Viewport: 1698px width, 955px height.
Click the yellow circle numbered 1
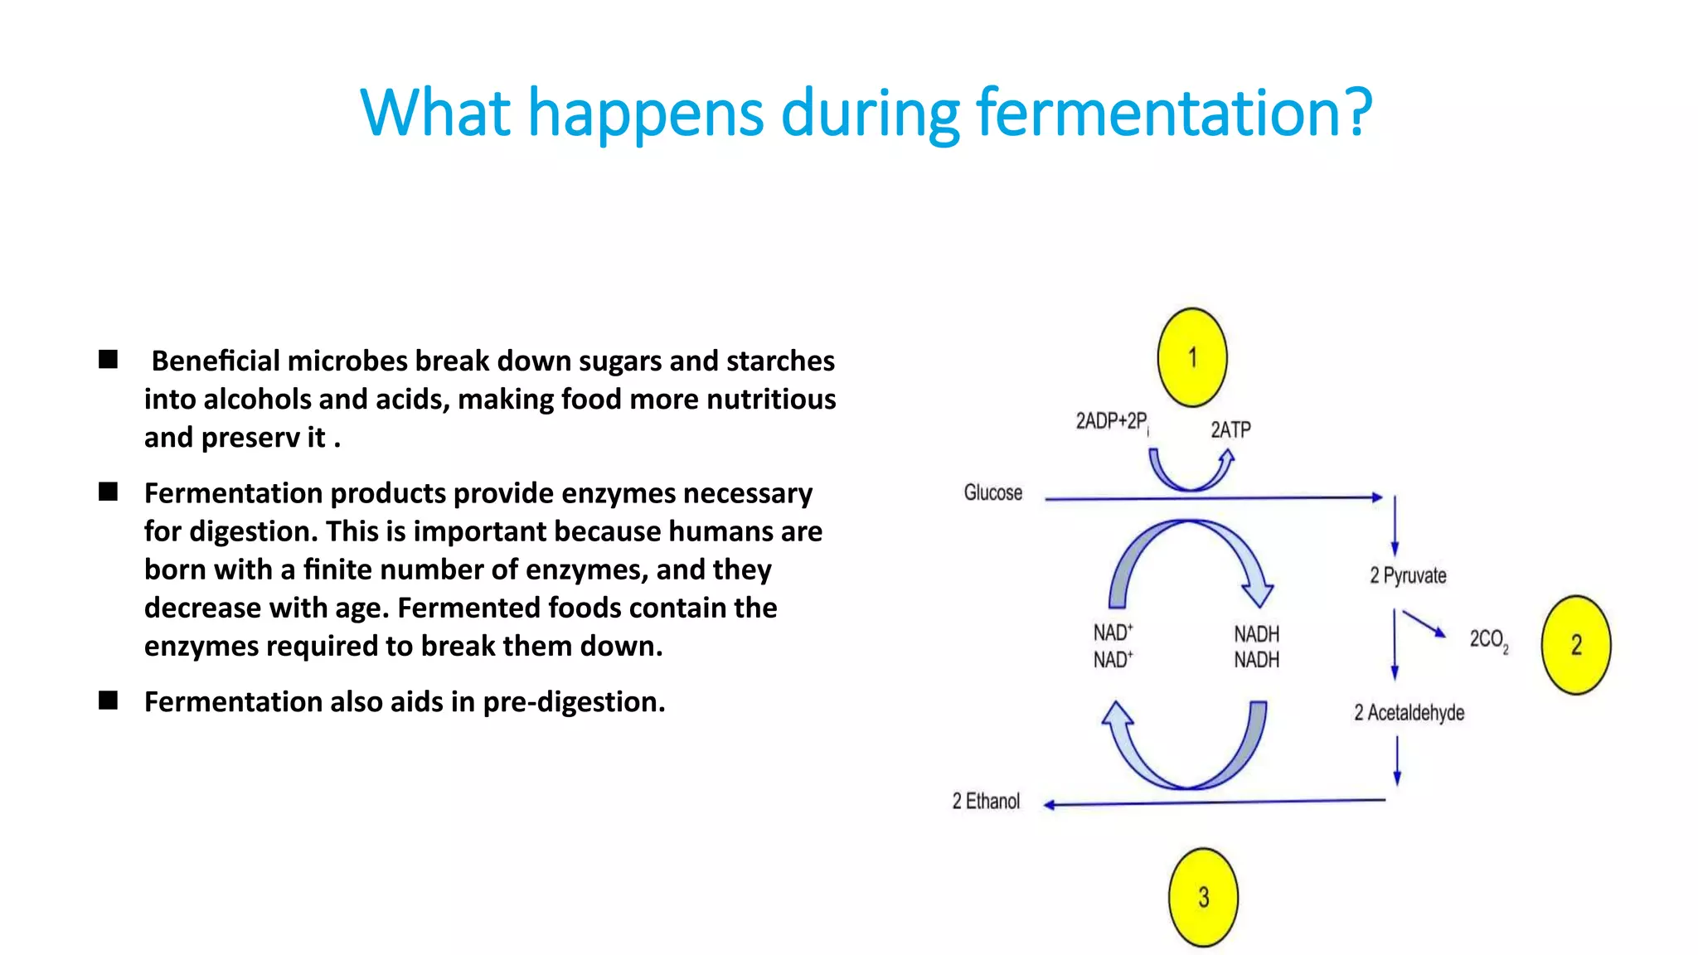click(1192, 357)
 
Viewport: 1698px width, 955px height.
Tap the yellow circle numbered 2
click(1576, 645)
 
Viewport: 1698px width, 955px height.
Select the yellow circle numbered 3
click(1203, 897)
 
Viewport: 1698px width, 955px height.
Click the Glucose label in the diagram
click(992, 493)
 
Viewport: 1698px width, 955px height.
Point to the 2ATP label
click(1230, 429)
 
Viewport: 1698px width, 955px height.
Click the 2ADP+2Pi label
click(1112, 422)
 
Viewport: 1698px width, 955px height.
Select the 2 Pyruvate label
click(1408, 575)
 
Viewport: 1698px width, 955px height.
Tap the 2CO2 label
click(1489, 640)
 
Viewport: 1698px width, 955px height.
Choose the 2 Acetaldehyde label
click(1409, 713)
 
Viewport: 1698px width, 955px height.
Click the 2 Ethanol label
click(986, 802)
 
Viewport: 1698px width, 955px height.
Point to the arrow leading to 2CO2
click(1424, 623)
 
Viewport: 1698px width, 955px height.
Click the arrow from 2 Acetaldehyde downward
click(1397, 760)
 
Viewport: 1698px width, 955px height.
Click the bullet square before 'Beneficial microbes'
click(108, 360)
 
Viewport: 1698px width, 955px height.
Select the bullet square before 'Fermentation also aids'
click(108, 700)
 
